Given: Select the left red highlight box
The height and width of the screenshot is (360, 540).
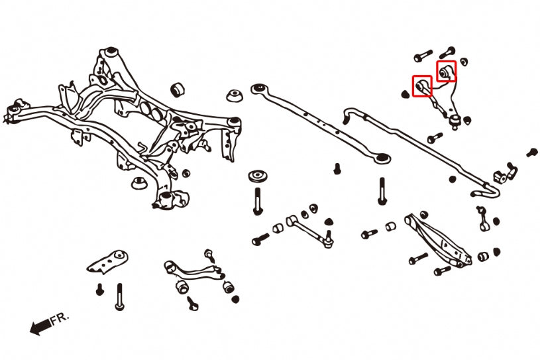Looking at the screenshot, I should click(422, 86).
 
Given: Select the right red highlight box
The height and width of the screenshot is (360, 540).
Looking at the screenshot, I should click(446, 70).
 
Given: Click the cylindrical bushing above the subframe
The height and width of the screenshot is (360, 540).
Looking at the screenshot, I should click(177, 89).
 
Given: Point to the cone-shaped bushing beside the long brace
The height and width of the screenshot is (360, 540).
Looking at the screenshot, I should click(233, 95).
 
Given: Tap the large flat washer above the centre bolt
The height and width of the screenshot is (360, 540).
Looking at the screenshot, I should click(257, 177).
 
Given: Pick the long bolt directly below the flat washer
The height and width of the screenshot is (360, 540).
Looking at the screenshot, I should click(257, 198).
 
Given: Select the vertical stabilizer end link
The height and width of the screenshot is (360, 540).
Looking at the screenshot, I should click(482, 217).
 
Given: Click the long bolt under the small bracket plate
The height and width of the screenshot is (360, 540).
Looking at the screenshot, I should click(119, 295).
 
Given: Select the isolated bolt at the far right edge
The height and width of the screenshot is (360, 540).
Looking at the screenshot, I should click(531, 152).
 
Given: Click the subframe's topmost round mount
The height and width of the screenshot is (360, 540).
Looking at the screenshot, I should click(111, 52).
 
